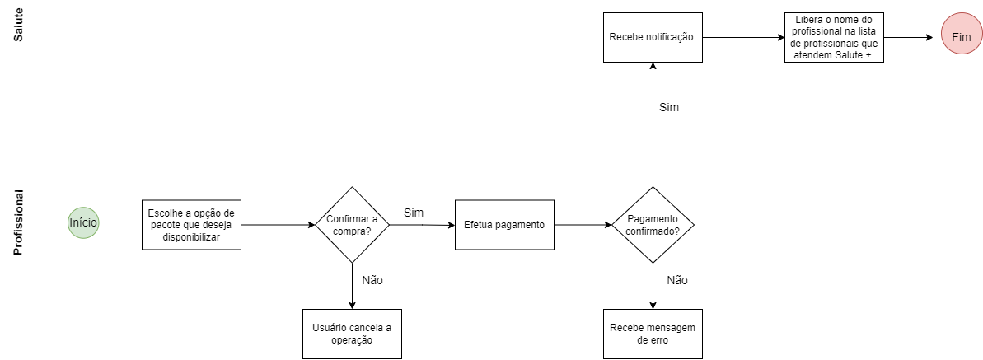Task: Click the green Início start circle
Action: point(83,222)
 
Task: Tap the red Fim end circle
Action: point(961,37)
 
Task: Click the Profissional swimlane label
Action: point(17,222)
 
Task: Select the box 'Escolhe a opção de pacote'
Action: point(191,224)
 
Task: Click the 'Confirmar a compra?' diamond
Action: point(352,224)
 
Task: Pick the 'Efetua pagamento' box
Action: point(504,224)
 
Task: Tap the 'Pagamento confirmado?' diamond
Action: point(653,224)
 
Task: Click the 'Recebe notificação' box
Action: point(652,37)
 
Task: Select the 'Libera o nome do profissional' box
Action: point(833,37)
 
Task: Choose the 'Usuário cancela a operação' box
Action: point(352,334)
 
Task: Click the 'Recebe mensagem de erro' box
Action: point(653,334)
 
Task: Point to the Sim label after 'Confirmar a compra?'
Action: point(414,213)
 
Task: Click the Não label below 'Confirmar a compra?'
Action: point(372,280)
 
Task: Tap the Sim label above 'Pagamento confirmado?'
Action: point(668,107)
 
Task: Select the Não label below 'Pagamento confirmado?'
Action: point(676,280)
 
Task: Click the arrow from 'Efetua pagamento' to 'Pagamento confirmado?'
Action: point(583,224)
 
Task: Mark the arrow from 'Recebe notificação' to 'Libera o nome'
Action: point(742,37)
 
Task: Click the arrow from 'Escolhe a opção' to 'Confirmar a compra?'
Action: point(279,224)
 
